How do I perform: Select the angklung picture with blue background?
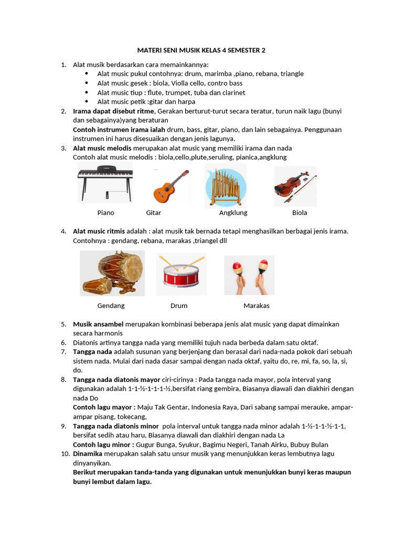coord(225,185)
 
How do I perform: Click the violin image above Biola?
coord(295,187)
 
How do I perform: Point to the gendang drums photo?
coord(112,273)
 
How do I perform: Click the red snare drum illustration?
coord(181,274)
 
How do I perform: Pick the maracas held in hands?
coord(249,275)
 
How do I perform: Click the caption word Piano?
coord(105,213)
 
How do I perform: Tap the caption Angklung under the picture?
coord(233,213)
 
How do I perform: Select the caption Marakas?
coord(256,305)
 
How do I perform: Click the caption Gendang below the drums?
coord(111,305)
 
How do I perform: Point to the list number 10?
coord(63,453)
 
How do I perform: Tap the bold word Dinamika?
coord(88,453)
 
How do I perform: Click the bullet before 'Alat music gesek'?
coord(87,83)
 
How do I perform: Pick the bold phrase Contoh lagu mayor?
coord(104,407)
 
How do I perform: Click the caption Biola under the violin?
coord(300,213)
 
